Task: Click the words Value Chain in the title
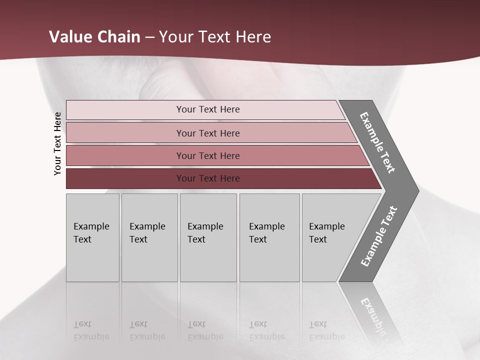(x=94, y=37)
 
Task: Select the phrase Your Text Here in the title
(x=215, y=37)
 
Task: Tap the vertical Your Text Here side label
(x=57, y=144)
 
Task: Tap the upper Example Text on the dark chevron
(x=378, y=142)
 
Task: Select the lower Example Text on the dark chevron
(x=379, y=236)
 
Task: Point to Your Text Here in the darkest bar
(x=208, y=178)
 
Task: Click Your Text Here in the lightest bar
(x=208, y=109)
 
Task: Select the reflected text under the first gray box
(x=91, y=331)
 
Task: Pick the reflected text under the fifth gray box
(x=327, y=331)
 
